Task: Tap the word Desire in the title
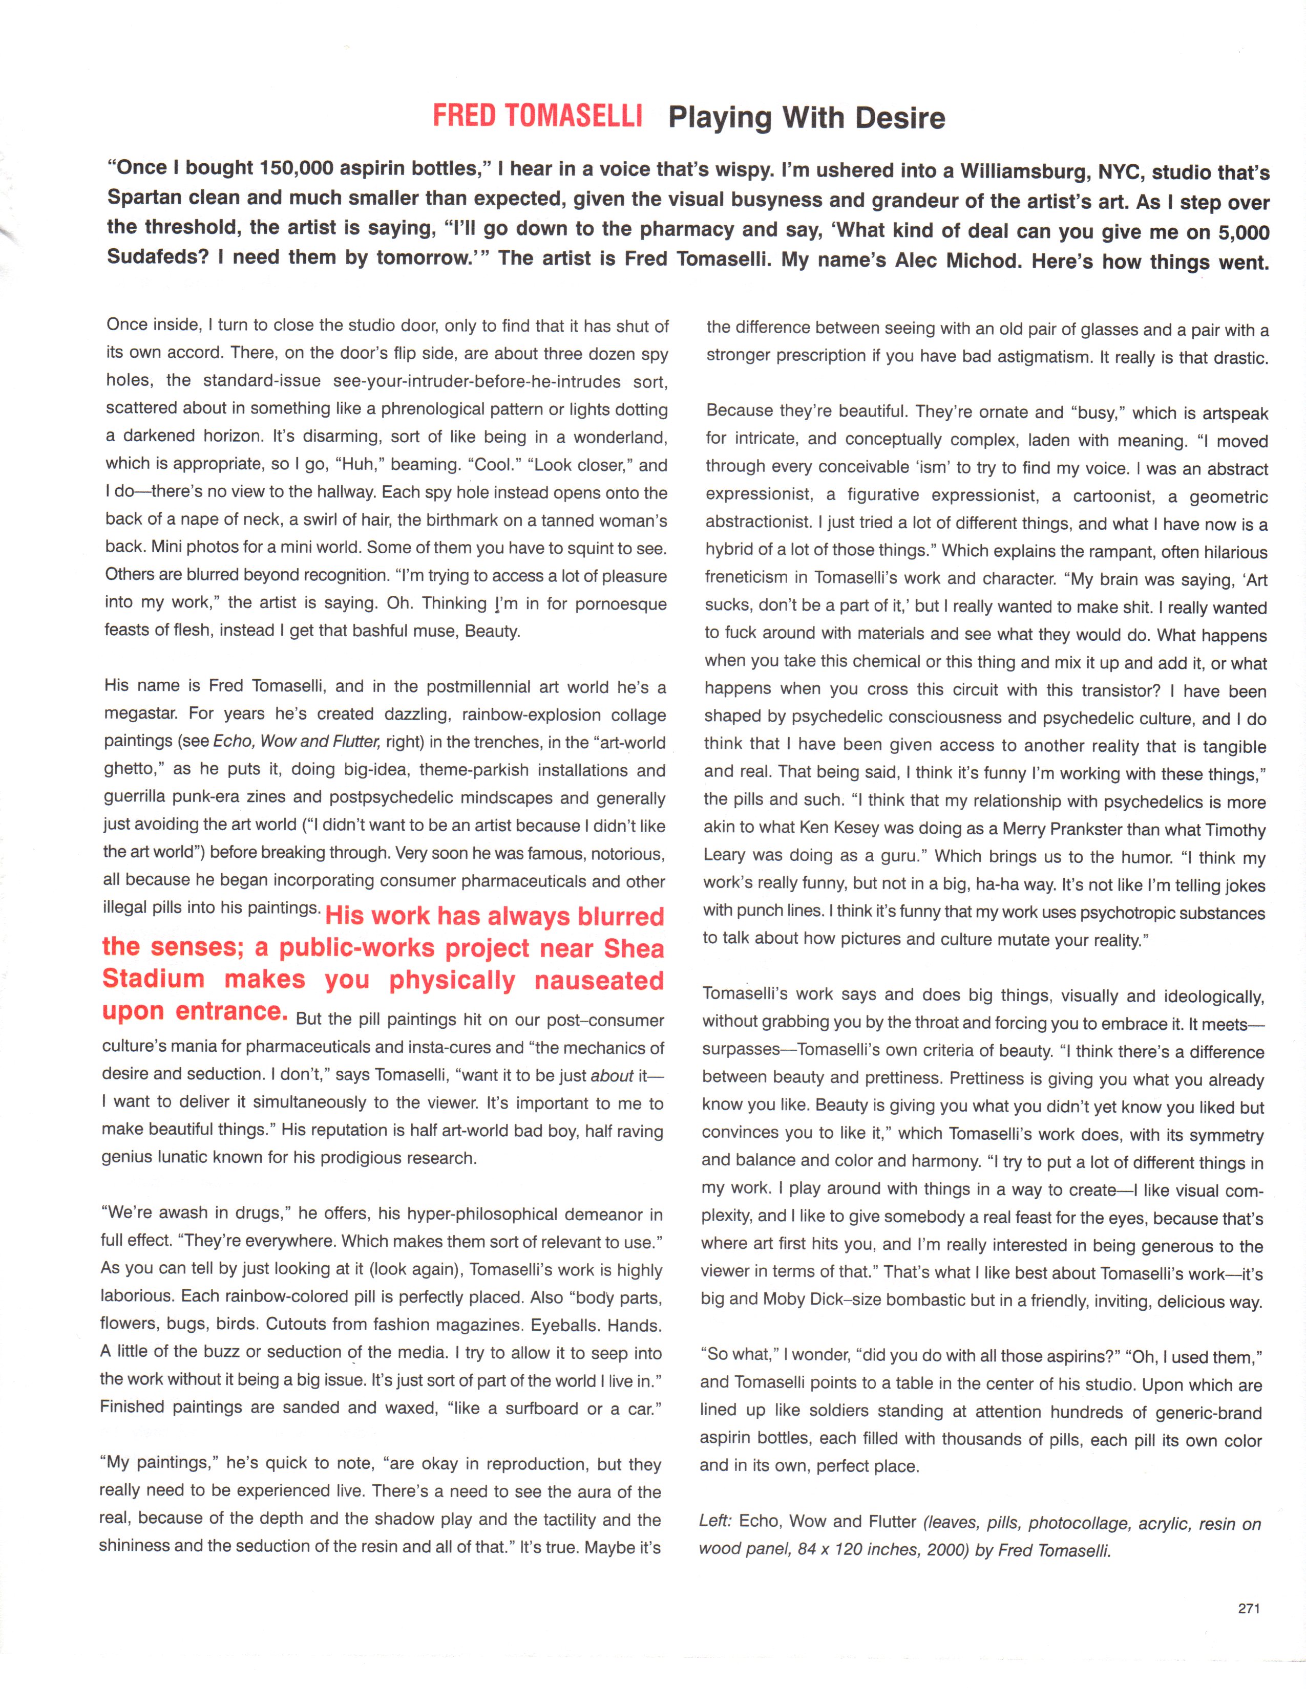pos(900,118)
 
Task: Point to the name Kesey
pos(856,828)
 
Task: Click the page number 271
pos(1249,1609)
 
